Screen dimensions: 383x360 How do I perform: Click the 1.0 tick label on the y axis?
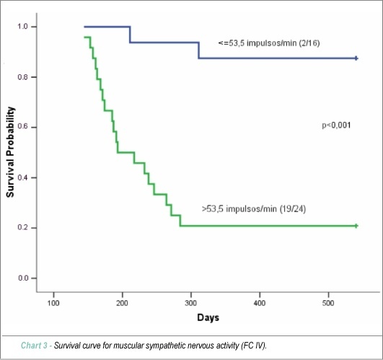22,27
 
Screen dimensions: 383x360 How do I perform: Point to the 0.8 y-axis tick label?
22,77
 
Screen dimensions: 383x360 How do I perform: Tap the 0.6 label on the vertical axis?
22,127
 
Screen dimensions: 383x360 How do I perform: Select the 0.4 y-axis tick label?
22,177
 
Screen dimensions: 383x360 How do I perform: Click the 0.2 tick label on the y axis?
22,227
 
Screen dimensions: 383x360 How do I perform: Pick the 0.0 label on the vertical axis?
22,278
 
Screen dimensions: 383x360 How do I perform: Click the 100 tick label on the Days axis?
53,303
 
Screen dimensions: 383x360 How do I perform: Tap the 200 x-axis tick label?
122,303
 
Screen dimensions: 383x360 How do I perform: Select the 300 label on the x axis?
190,303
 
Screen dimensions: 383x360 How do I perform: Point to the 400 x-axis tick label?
260,303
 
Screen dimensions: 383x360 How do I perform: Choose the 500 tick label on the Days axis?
328,303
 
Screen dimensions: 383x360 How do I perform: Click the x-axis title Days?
208,317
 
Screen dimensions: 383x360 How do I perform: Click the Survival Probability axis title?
10,152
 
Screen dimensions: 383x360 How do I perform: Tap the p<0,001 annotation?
336,126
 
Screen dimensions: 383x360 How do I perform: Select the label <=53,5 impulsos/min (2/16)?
269,43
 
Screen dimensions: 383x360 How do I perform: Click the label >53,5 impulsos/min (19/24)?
254,209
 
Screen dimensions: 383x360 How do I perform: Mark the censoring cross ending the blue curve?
356,58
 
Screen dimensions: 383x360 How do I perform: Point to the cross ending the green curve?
356,226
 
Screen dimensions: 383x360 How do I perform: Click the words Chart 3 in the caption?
34,346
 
